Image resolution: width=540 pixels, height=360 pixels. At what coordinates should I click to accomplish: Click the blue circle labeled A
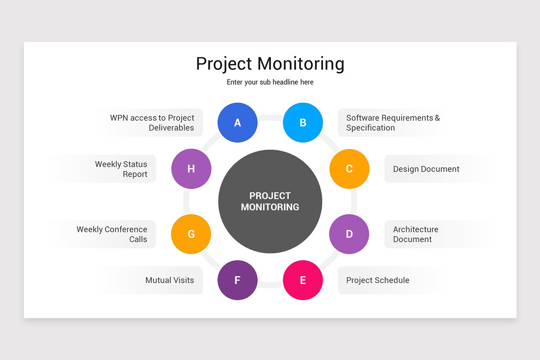237,122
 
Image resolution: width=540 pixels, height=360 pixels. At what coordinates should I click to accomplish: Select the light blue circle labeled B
303,122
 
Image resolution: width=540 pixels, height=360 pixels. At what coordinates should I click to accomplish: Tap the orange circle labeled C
349,169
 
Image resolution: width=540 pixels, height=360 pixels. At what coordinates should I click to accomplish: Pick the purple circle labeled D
349,234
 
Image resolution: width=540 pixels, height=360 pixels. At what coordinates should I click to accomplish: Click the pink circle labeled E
303,280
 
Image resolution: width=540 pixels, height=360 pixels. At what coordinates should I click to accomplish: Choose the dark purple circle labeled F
237,280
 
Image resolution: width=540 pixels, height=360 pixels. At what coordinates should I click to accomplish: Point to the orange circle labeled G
191,234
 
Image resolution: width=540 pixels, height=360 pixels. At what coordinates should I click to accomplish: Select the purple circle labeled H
191,169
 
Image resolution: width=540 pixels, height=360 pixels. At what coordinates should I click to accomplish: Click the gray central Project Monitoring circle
270,201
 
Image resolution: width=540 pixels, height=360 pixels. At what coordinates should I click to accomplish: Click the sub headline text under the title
270,82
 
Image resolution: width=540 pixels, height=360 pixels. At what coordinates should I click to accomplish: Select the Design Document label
426,169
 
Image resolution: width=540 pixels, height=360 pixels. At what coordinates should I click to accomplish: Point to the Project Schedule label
378,280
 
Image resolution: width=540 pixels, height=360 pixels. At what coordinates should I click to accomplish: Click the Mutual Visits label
170,280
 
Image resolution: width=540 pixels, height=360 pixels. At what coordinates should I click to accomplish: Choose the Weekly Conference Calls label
112,234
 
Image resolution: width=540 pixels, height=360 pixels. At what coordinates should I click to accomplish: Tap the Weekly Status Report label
121,169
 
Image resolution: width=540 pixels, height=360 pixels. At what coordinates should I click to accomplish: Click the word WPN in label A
119,118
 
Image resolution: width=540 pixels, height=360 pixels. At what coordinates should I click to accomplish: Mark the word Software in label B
363,118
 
